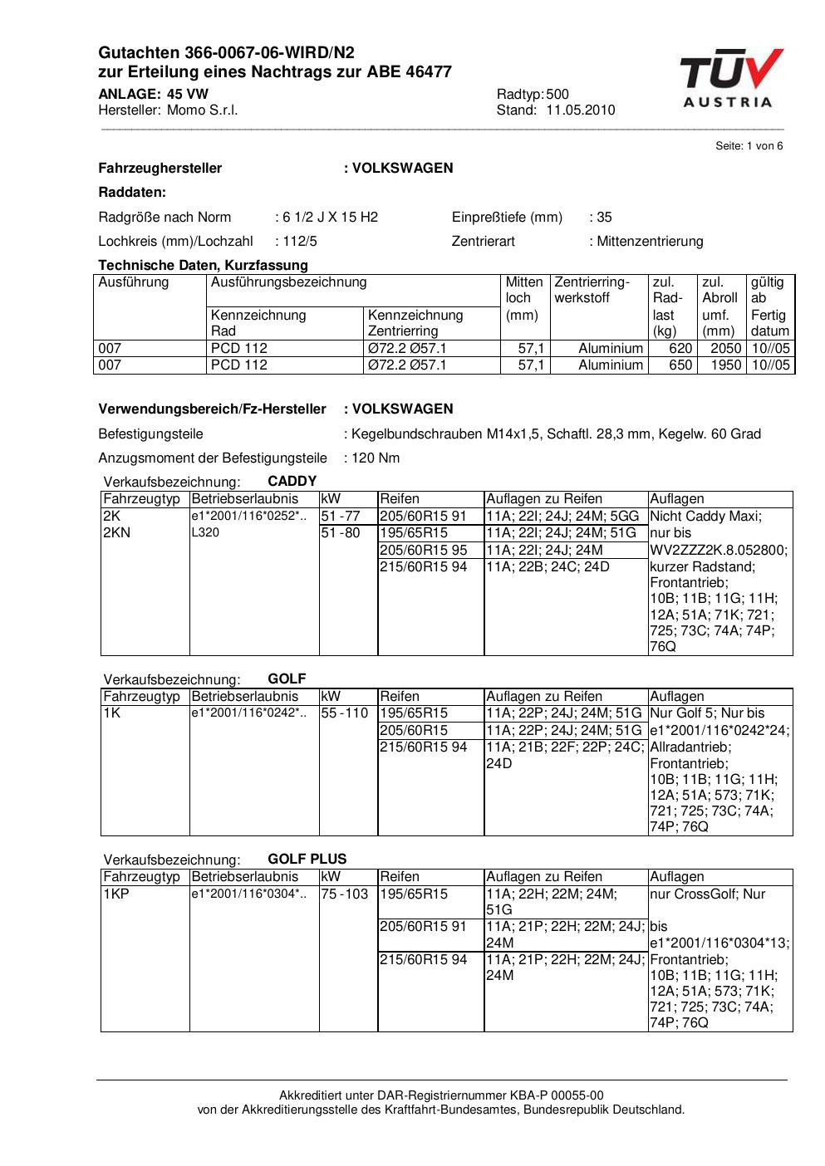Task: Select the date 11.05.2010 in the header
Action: click(580, 110)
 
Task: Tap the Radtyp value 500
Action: click(558, 95)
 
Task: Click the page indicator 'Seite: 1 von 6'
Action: click(749, 146)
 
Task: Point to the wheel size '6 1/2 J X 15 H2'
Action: click(330, 218)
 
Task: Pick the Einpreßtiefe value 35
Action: click(604, 218)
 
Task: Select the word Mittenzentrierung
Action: click(650, 242)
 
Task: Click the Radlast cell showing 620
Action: click(680, 349)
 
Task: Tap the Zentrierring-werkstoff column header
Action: click(592, 290)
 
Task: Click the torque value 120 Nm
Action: click(376, 458)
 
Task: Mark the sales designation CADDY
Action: click(292, 482)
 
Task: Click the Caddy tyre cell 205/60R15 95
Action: click(423, 550)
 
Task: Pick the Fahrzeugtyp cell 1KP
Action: click(117, 894)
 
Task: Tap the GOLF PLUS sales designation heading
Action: click(307, 860)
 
